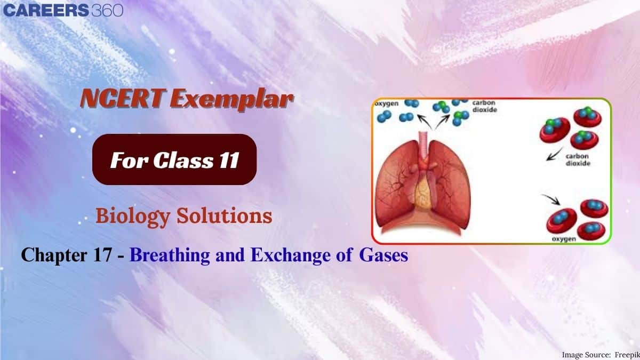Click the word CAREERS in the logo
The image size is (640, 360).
(46, 10)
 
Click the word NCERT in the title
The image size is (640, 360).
(123, 99)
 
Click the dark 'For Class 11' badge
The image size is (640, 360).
(174, 159)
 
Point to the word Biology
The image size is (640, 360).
(133, 217)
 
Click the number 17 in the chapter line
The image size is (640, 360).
(102, 254)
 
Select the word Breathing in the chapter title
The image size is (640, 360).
(170, 255)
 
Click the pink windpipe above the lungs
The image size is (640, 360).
(425, 146)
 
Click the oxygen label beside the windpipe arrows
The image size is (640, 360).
(386, 103)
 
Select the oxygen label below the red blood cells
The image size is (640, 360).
(564, 238)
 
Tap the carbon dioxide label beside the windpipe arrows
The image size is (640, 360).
(485, 106)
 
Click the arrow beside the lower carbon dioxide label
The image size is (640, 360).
(555, 154)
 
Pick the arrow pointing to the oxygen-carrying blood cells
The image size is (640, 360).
(551, 199)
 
